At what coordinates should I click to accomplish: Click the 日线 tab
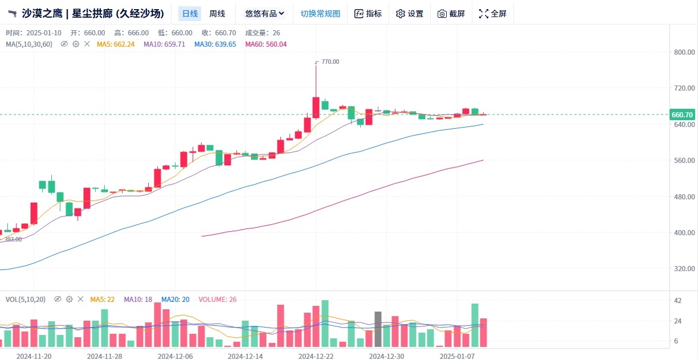point(190,14)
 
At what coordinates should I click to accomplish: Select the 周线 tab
point(217,14)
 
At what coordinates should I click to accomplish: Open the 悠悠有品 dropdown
point(264,14)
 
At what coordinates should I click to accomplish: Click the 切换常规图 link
point(320,14)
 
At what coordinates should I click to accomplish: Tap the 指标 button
point(368,14)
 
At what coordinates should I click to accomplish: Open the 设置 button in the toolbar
point(410,14)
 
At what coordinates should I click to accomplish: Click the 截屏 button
point(451,14)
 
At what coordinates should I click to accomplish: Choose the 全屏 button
point(493,14)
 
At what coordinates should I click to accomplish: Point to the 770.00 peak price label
point(330,62)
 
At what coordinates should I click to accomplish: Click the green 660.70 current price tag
point(682,114)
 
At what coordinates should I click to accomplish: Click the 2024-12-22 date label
point(316,356)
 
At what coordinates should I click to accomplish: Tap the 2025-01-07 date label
point(457,356)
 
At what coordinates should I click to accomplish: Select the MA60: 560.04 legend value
point(266,44)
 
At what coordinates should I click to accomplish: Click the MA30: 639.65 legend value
point(215,44)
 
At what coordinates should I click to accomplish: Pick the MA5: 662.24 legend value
point(116,44)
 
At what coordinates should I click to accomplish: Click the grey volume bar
point(378,329)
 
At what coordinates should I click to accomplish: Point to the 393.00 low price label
point(13,239)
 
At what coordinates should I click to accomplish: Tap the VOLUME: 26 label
point(217,299)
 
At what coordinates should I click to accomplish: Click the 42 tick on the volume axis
point(677,301)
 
